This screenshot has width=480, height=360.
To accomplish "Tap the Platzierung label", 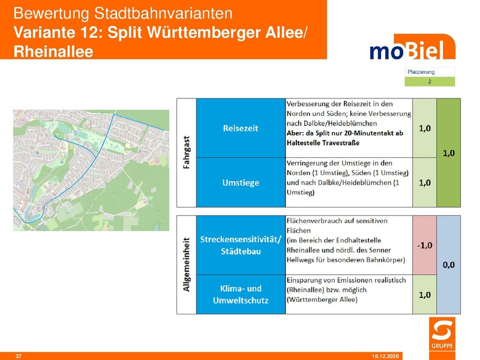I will point(421,72).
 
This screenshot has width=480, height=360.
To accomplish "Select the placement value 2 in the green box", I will point(430,81).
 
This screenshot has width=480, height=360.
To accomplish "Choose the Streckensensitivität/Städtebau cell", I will point(241,245).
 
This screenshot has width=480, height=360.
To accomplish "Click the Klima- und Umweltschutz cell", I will point(241,294).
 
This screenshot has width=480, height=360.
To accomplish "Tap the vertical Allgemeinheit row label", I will point(186,265).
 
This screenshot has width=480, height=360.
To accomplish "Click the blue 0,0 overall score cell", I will point(448,264).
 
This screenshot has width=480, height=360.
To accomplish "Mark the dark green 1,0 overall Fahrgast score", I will point(448,153).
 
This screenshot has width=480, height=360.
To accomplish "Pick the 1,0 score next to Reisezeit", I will point(424,128).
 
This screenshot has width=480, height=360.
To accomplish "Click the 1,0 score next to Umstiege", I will point(424,182).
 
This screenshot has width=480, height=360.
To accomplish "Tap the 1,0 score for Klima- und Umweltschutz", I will point(424,295).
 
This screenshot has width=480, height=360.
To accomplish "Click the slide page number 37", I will point(18,356).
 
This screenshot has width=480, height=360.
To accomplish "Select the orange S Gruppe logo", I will point(443,337).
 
